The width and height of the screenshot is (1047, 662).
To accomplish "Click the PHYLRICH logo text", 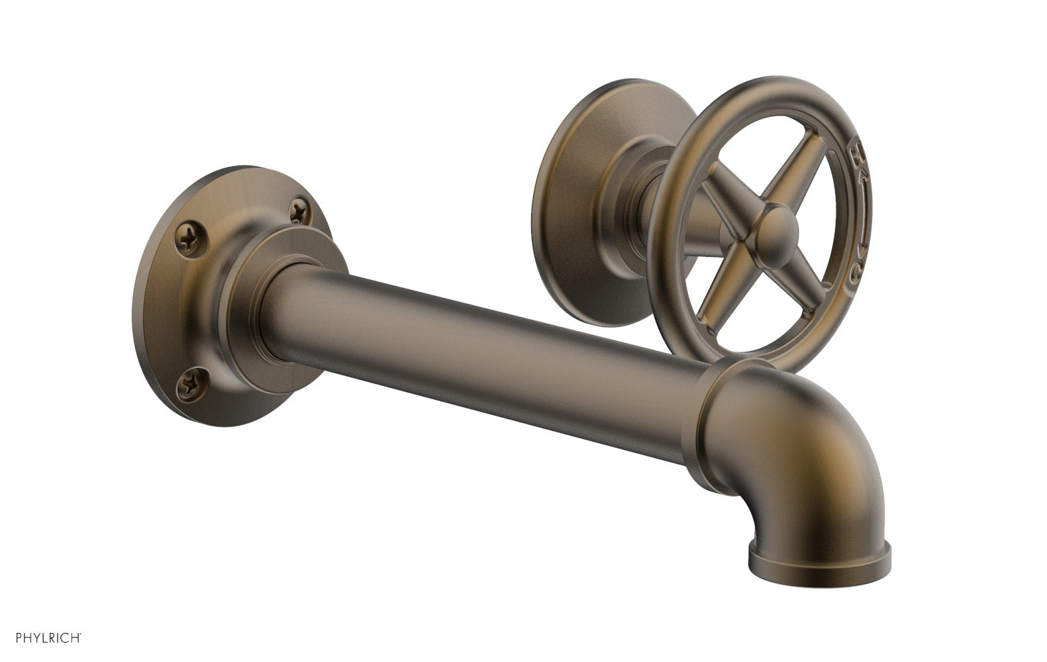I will (x=41, y=639).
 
